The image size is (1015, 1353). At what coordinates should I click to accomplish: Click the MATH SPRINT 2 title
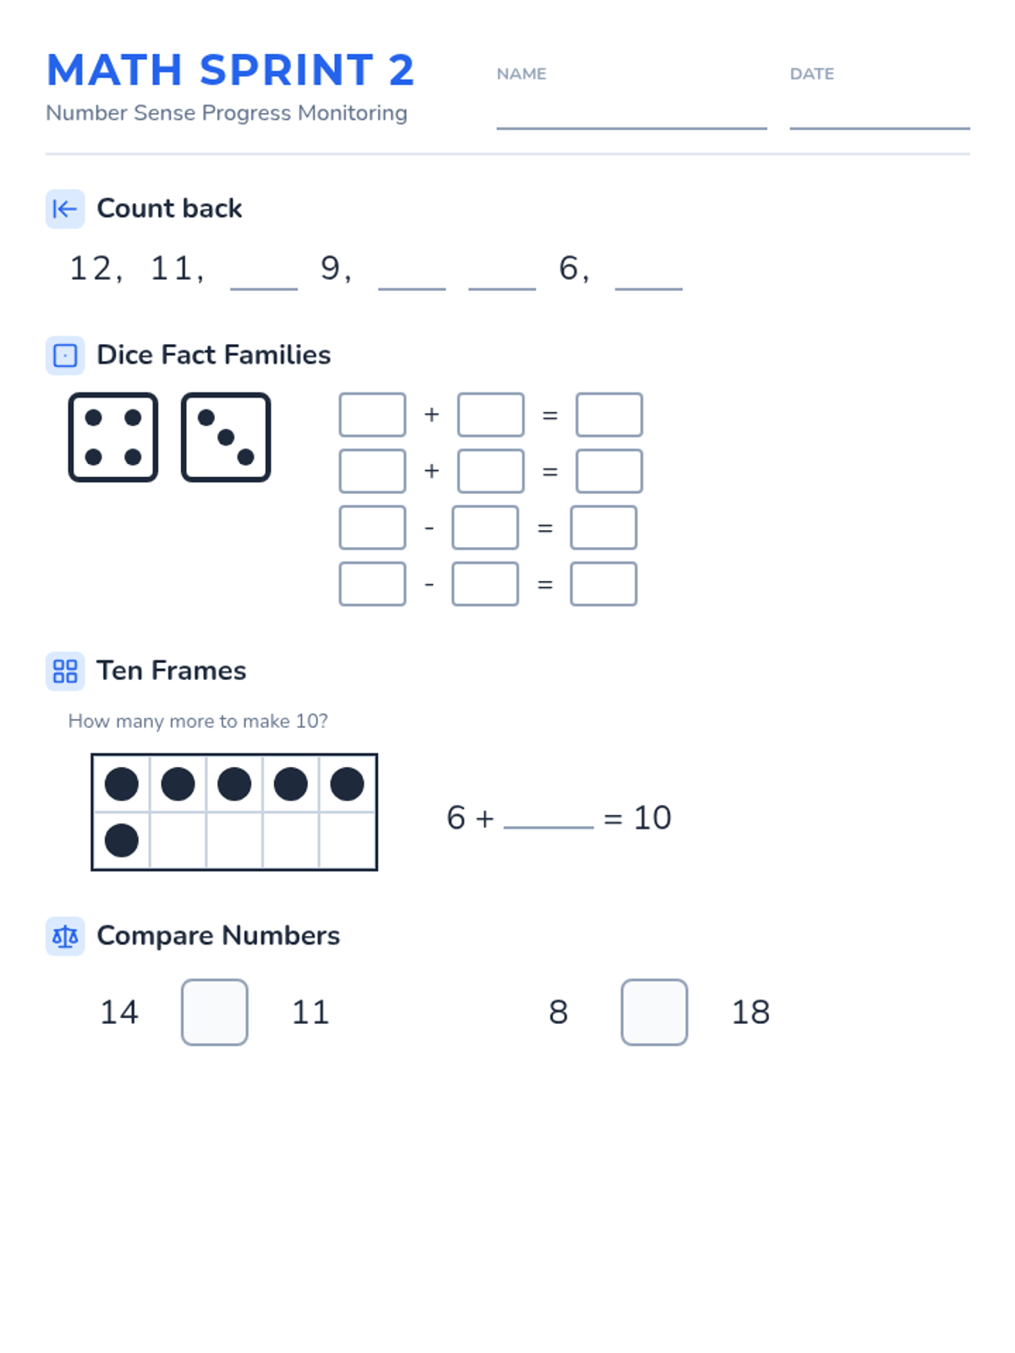click(230, 69)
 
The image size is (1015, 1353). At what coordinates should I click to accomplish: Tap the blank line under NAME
click(631, 129)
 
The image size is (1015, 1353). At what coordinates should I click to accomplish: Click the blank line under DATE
click(880, 129)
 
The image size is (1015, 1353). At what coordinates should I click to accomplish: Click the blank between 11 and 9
click(264, 288)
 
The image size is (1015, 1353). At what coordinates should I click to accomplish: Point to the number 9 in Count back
click(331, 269)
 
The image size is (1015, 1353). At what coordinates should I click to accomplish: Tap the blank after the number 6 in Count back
click(648, 288)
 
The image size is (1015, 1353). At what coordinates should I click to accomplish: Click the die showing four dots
click(112, 437)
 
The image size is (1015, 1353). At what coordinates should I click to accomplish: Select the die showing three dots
click(226, 437)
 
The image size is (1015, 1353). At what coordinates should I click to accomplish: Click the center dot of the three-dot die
click(226, 437)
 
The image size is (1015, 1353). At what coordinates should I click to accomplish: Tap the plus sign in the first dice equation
click(431, 414)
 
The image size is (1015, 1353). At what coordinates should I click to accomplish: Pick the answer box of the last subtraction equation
click(603, 583)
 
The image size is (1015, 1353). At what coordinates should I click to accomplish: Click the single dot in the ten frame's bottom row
click(122, 841)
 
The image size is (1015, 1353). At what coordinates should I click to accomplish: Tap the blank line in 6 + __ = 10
click(548, 827)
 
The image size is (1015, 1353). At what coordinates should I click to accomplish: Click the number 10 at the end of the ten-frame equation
click(652, 818)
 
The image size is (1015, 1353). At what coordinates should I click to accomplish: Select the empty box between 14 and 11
click(215, 1012)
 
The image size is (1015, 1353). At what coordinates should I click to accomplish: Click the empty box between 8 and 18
click(654, 1012)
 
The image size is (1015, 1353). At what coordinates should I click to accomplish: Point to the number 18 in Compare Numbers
click(750, 1012)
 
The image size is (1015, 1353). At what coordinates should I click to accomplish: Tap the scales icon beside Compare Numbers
click(65, 936)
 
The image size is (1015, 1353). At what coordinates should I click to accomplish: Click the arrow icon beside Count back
click(65, 209)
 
